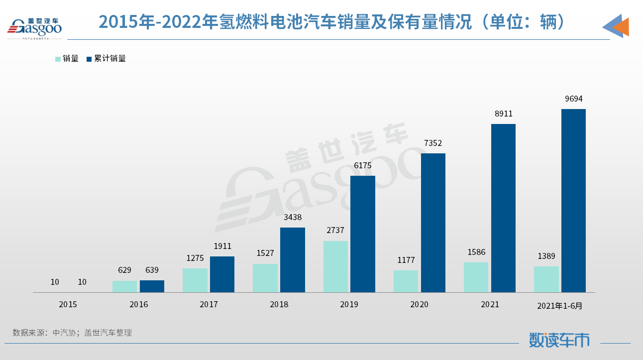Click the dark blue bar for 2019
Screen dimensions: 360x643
point(362,234)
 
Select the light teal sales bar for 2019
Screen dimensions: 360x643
point(335,266)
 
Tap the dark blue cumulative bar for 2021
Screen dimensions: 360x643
point(503,208)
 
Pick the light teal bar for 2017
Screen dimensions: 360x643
point(195,280)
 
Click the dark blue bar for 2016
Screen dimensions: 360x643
point(152,286)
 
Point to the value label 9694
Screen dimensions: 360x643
point(573,99)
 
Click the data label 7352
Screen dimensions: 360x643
point(433,143)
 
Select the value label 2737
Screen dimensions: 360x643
point(335,231)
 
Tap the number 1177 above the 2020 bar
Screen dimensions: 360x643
point(406,260)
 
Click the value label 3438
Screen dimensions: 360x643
point(293,217)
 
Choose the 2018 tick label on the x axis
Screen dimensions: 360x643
point(279,304)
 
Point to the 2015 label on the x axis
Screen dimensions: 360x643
point(68,304)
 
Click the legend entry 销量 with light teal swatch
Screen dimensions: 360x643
point(67,58)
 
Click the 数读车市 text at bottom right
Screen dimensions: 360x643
point(559,340)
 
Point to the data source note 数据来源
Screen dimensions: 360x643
point(72,333)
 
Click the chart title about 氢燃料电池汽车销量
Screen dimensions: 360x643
point(332,21)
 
